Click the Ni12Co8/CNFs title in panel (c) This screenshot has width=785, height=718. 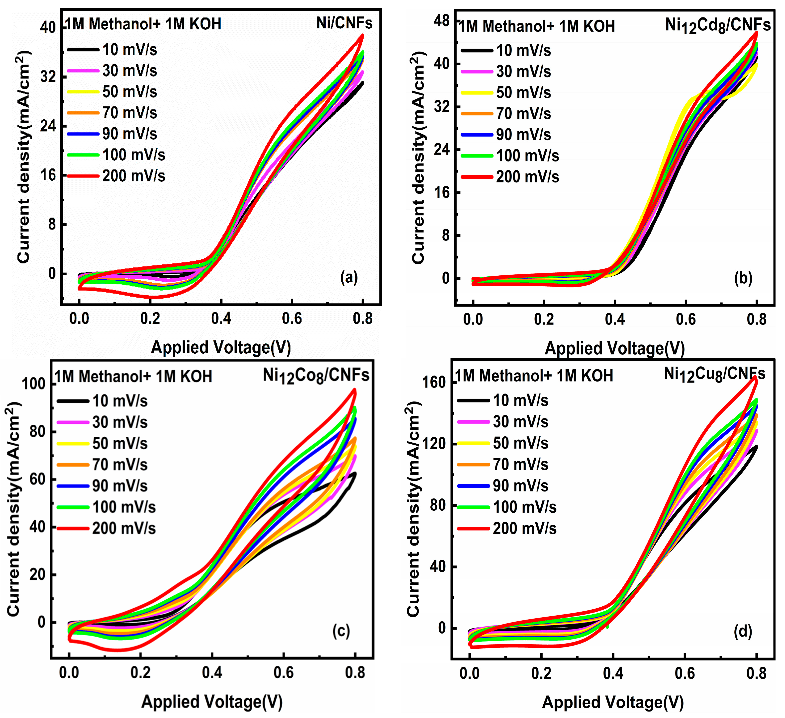coord(316,376)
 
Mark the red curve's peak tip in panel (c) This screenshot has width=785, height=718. coord(354,390)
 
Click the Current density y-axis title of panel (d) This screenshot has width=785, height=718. coord(413,510)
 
